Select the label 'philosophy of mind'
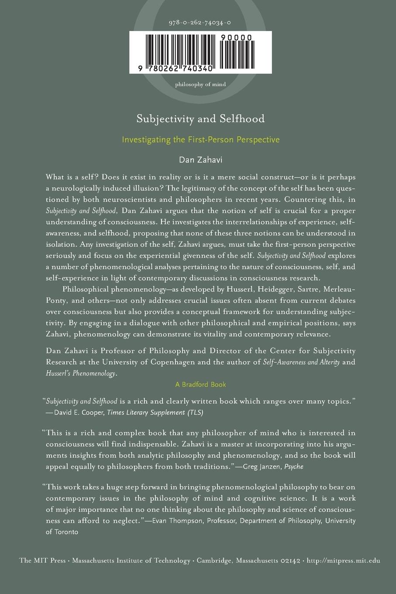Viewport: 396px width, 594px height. click(200, 84)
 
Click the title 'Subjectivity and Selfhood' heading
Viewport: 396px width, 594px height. click(200, 118)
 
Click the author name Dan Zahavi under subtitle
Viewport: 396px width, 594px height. click(200, 160)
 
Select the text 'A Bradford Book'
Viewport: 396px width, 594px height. click(200, 384)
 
